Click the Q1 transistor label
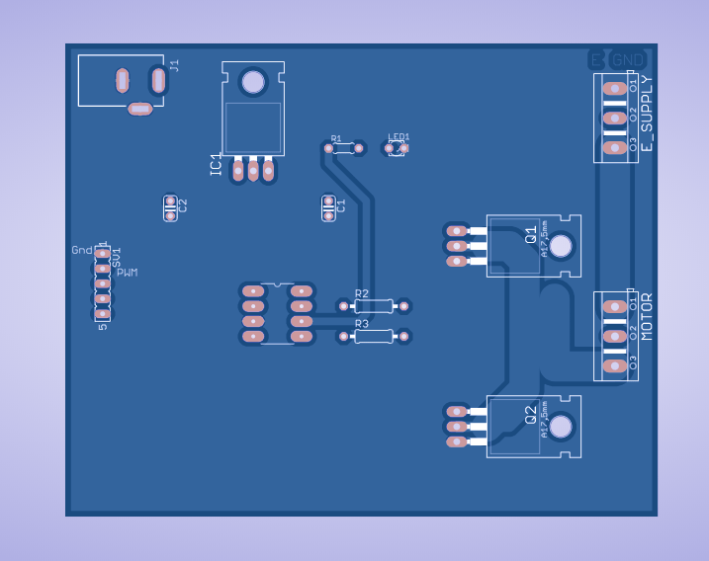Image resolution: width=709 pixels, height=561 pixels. tap(531, 234)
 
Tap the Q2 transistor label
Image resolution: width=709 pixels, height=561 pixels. tap(531, 415)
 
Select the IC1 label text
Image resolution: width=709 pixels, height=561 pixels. tap(216, 165)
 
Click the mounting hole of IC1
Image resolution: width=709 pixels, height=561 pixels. tap(253, 81)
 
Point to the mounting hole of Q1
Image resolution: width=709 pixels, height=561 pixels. tap(561, 246)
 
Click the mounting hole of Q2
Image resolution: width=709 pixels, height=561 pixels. tap(561, 427)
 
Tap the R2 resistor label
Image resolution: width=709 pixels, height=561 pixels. tap(361, 294)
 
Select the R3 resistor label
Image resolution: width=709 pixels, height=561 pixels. tap(361, 324)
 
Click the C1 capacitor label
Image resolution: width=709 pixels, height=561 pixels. tap(341, 206)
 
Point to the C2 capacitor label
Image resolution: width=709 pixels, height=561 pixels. tap(182, 206)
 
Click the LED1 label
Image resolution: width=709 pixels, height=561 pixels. tap(399, 137)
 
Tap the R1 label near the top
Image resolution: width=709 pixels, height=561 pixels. tap(336, 139)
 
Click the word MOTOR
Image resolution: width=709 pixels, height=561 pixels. tap(647, 317)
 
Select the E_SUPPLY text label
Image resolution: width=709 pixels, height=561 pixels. tap(647, 114)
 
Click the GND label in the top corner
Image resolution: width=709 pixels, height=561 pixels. tap(629, 60)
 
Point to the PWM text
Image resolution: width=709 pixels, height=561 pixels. tap(128, 272)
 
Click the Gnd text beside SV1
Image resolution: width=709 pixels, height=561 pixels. tap(82, 250)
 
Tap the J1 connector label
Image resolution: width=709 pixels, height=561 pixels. tap(175, 65)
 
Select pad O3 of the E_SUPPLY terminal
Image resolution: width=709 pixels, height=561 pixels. tap(615, 147)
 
